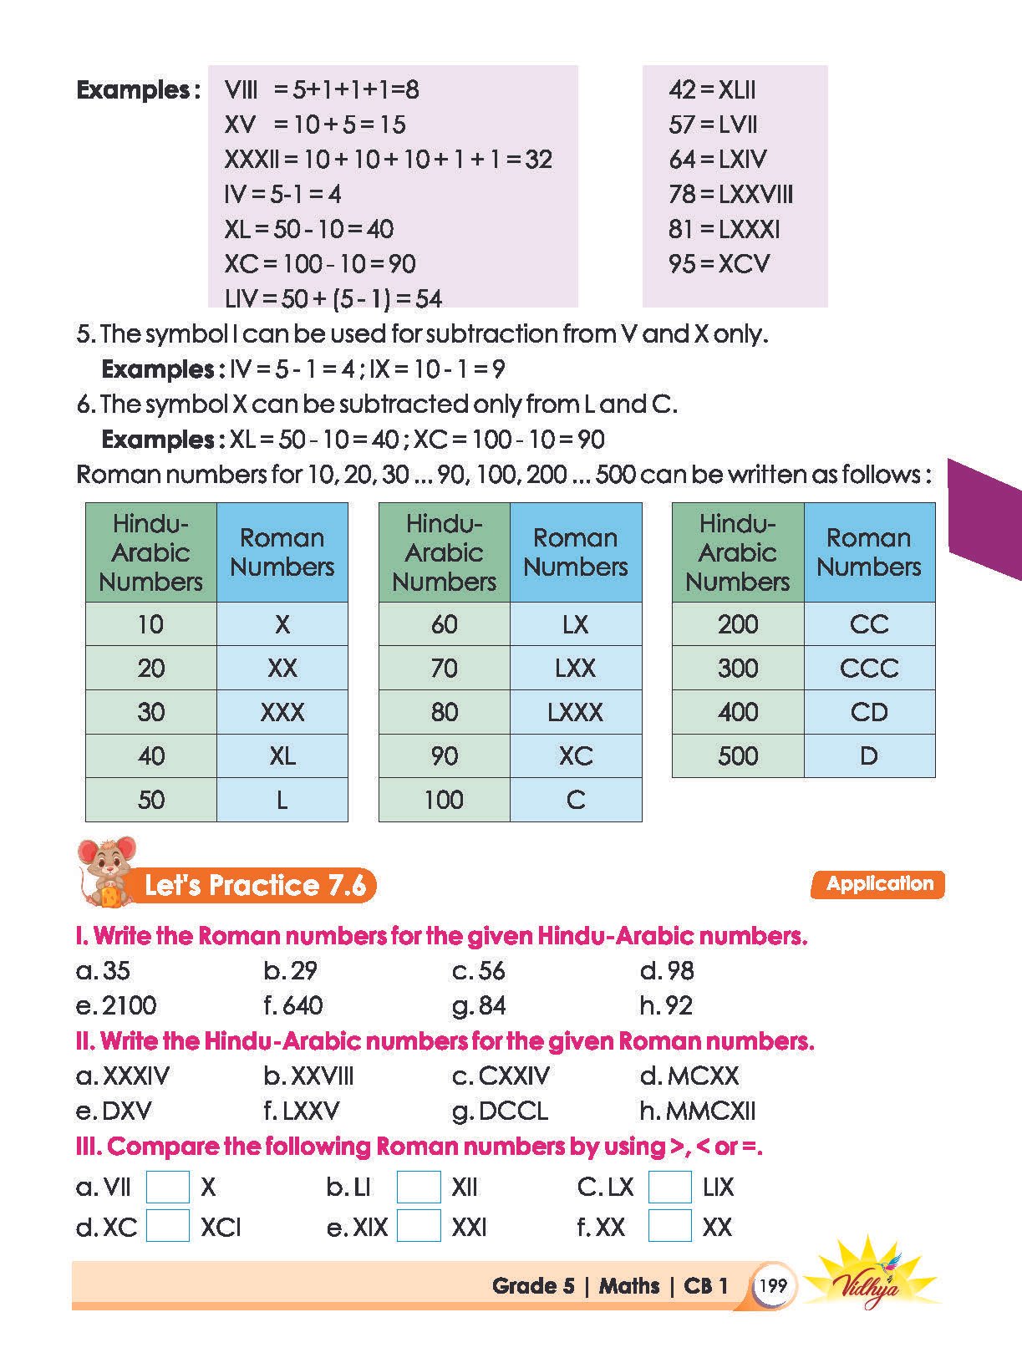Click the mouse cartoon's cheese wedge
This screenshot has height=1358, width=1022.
pos(110,897)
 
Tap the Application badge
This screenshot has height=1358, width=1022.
pos(877,884)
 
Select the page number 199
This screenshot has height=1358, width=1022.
pos(773,1285)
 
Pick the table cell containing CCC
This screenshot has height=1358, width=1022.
pos(869,668)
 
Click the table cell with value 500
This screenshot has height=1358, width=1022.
pos(738,756)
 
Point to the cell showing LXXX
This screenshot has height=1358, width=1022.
pos(575,712)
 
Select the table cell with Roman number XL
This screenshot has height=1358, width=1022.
pos(282,756)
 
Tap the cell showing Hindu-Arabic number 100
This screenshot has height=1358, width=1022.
pos(444,800)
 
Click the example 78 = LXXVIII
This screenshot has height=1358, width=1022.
pos(730,194)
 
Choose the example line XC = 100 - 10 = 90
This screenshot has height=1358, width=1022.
pos(320,264)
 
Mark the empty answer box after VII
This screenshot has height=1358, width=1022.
pos(167,1187)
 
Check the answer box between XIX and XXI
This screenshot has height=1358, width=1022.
pos(419,1227)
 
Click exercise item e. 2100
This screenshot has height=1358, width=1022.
pos(117,1005)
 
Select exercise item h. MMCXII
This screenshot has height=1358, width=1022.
pos(698,1111)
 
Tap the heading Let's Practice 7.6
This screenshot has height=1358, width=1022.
pos(255,886)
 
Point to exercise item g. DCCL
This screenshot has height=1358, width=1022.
pos(501,1111)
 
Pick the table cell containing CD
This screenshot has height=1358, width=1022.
pos(869,712)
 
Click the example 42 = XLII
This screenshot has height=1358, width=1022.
pos(712,89)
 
